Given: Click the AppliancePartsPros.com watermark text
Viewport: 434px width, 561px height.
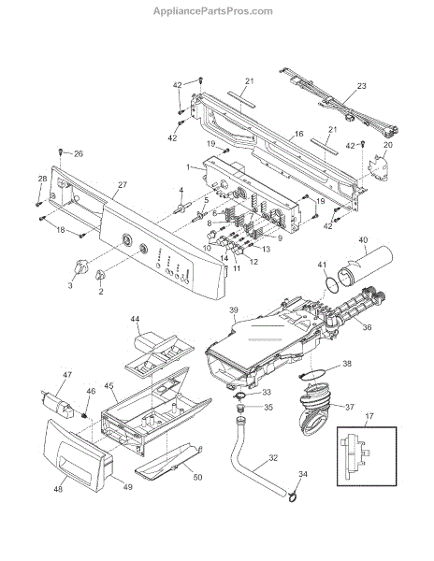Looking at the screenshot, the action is point(213,11).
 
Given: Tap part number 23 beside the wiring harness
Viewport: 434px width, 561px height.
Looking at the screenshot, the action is point(362,86).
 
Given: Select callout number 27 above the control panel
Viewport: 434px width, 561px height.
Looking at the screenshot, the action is point(123,185).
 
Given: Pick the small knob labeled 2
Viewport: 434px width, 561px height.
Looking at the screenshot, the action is point(100,276).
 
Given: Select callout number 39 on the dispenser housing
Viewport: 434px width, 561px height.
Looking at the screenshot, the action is point(233,309).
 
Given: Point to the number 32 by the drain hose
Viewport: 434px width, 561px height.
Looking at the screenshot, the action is point(273,457).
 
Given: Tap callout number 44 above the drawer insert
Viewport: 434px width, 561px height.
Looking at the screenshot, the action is point(136,319).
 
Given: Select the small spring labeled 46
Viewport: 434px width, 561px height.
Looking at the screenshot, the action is point(85,415).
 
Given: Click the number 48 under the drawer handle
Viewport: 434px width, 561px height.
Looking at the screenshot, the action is point(58,489).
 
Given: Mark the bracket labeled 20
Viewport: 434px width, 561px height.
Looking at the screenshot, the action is point(379,167).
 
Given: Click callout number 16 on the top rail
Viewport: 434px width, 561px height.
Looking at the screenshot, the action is point(298,134).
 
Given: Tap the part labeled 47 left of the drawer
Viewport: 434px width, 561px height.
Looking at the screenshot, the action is point(57,404).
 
